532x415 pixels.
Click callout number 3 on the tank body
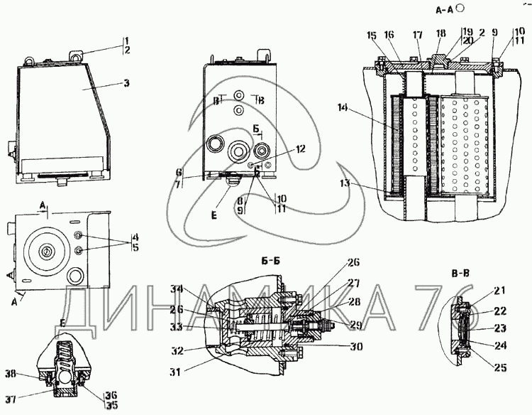pos(126,83)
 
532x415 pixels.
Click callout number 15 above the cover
pos(371,35)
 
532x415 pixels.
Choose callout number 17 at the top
pos(416,35)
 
